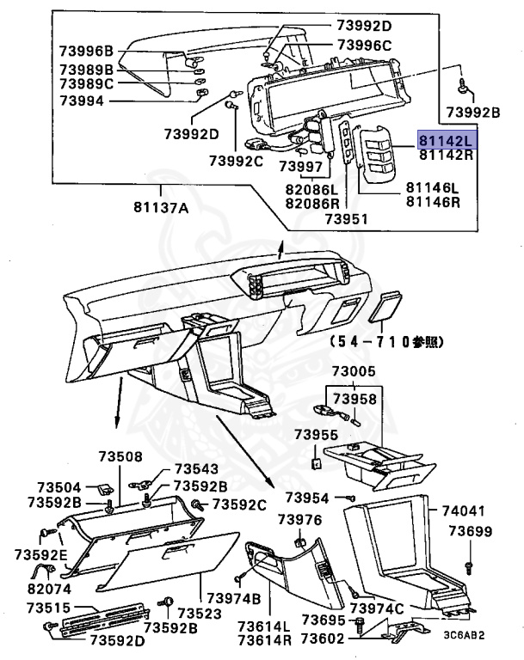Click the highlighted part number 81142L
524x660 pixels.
447,139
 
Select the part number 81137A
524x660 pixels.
161,206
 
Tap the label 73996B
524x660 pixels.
86,51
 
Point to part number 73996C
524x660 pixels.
364,45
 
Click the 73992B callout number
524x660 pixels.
472,112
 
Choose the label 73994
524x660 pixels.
82,100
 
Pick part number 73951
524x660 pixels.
346,219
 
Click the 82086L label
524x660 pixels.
314,188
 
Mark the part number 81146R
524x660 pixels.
433,202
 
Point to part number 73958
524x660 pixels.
354,400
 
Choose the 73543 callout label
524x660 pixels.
196,469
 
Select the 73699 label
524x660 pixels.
470,531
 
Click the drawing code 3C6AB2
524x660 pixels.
464,636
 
